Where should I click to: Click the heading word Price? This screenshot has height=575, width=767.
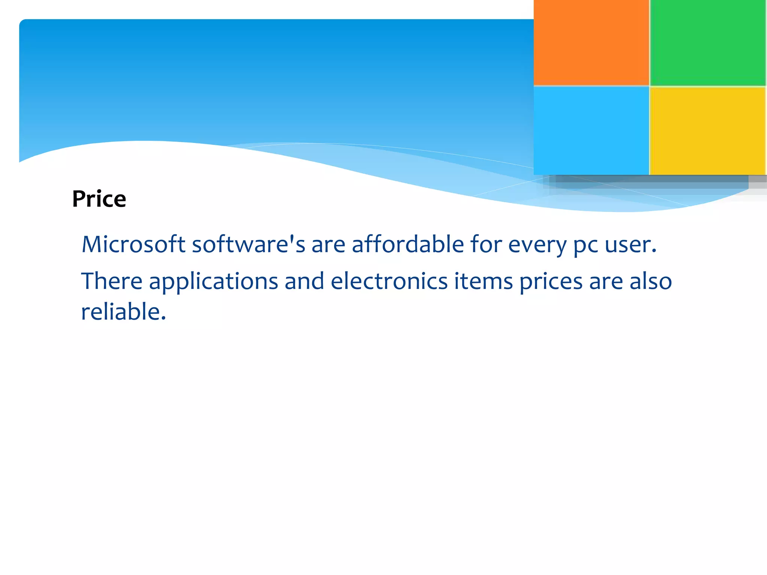[x=99, y=199]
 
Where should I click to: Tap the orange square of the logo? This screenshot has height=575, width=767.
[x=591, y=42]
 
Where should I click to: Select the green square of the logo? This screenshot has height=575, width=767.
[x=708, y=42]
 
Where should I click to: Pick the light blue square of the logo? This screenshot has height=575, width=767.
[x=591, y=130]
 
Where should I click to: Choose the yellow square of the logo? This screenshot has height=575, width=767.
[x=708, y=130]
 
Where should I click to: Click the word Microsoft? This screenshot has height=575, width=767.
[x=133, y=244]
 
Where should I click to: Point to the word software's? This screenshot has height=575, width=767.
[x=248, y=244]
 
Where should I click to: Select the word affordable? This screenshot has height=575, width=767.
[x=408, y=244]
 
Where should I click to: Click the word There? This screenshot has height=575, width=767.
[x=112, y=281]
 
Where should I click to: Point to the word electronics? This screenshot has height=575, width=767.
[x=389, y=281]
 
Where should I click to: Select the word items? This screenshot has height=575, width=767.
[x=483, y=281]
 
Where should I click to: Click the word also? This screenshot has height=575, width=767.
[x=651, y=281]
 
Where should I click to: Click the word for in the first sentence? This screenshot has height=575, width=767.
[x=486, y=244]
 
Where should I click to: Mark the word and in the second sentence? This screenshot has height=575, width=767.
[x=304, y=281]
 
